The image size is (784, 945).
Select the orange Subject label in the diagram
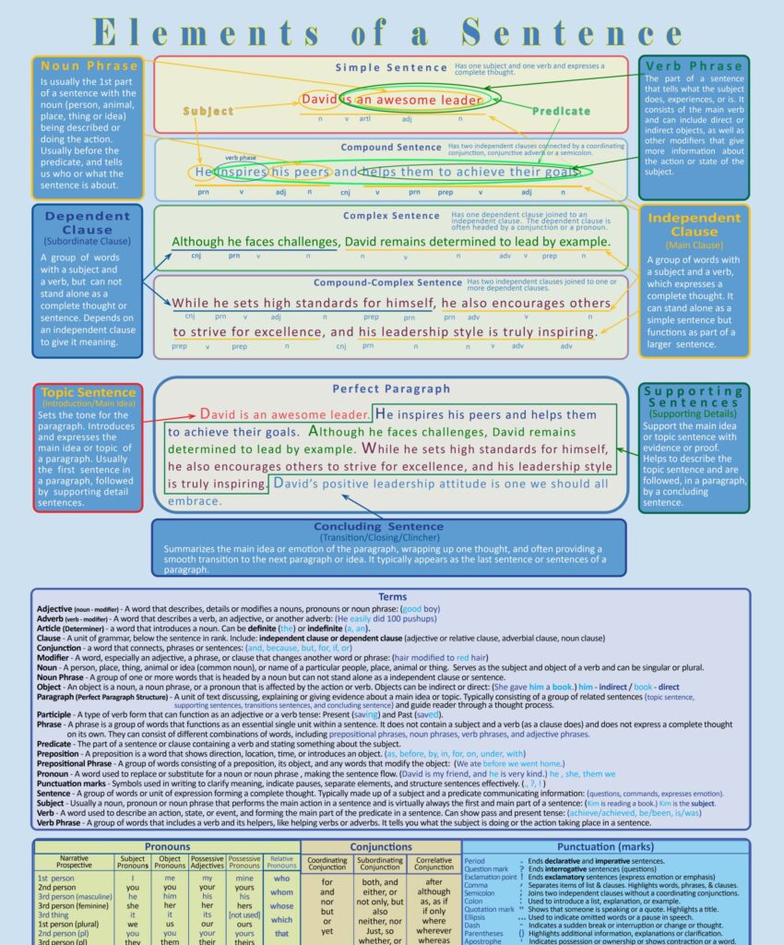coord(208,111)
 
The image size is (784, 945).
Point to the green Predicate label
coord(561,111)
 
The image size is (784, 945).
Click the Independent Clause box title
coord(694,224)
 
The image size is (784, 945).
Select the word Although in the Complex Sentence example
coord(205,242)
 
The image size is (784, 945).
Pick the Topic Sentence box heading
coord(89,392)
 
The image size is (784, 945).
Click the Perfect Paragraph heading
coord(391,389)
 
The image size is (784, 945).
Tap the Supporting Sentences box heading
coord(694,397)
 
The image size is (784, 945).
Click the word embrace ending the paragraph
coord(195,501)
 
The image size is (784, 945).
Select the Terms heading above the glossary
coord(392,597)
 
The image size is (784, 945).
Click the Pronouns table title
coord(167,846)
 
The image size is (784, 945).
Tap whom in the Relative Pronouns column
coord(281,892)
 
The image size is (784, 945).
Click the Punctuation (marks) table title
coord(604,846)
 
